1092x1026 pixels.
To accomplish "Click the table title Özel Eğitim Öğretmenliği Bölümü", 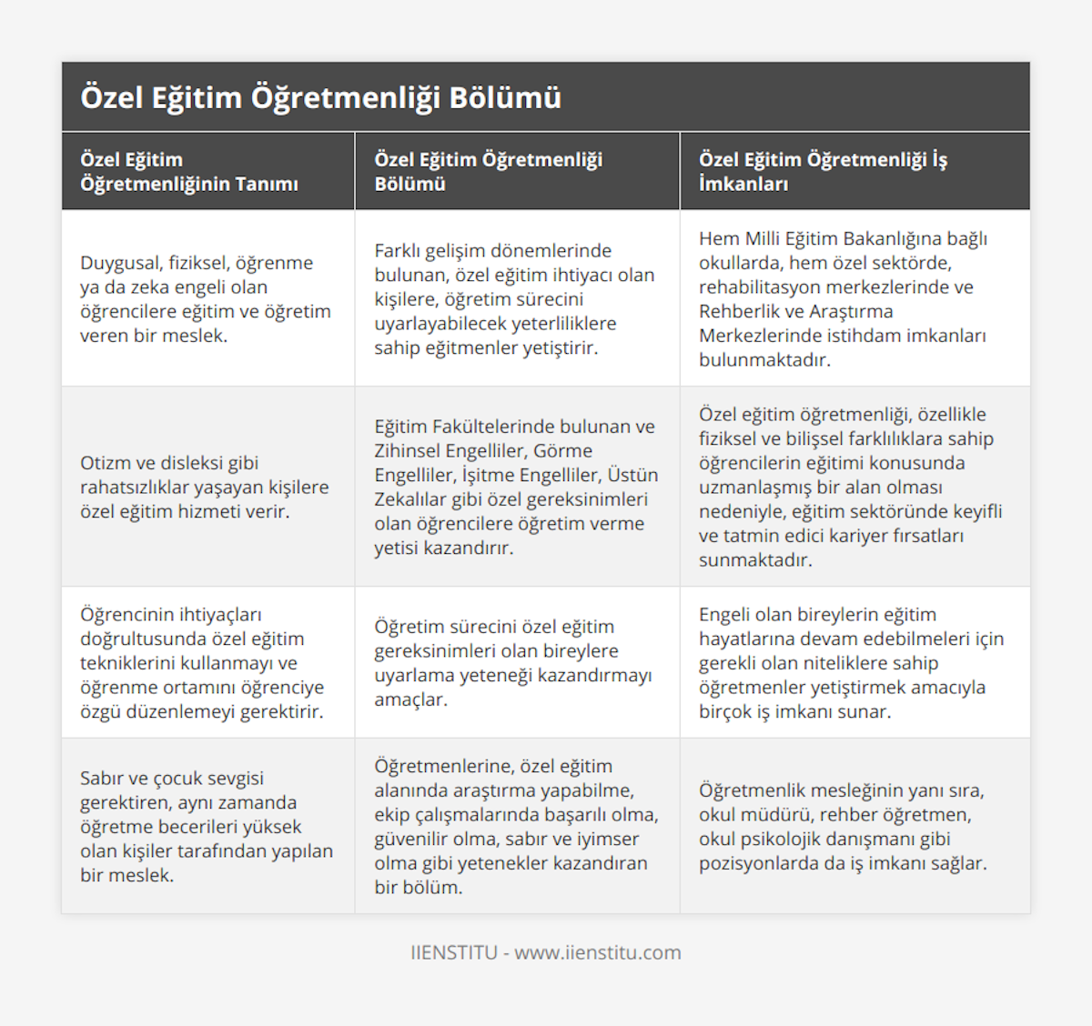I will (x=320, y=97).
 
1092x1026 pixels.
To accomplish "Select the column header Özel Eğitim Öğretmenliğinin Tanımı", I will (x=189, y=171).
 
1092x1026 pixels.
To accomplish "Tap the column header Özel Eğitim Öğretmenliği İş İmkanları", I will (x=823, y=171).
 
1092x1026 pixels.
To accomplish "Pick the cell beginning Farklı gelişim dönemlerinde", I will (x=514, y=298).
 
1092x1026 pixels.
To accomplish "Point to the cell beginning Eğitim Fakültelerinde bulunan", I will (x=516, y=487).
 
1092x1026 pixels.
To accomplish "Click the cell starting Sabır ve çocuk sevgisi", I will (x=207, y=826).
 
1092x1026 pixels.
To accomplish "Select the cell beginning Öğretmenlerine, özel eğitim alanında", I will (x=516, y=826).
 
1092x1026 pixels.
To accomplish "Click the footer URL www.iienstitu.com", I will (x=598, y=952).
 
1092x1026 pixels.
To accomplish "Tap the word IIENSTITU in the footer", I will (x=454, y=952).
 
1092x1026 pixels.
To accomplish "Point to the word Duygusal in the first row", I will (x=120, y=263).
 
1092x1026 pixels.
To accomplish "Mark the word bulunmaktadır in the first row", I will (x=764, y=359).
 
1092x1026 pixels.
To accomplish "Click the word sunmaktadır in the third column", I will (x=755, y=559).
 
